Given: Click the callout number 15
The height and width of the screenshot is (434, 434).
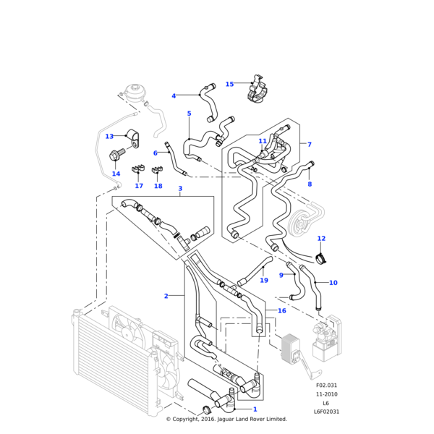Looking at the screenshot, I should coord(229,84).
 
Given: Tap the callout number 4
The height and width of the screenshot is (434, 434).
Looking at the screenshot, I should coord(174,96).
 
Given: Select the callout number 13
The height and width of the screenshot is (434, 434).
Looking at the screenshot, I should coord(109,136).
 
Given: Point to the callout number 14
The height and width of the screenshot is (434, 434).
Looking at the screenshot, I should coord(116,174).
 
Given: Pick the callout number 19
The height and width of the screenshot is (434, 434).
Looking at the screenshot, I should coord(264,280).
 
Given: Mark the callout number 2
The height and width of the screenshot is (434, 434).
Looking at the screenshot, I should coord(166,296).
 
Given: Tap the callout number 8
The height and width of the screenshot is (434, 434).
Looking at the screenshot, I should coord(310,184).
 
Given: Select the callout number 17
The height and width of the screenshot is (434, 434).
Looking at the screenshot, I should coord(139,186).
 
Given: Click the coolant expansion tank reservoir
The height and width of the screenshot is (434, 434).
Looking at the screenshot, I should coord(134,93).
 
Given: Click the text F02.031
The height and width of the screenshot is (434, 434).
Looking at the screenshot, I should coord(326,386).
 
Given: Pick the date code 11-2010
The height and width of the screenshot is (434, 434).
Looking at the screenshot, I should coord(326,394).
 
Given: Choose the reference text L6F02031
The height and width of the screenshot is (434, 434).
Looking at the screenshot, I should coord(326,412).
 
